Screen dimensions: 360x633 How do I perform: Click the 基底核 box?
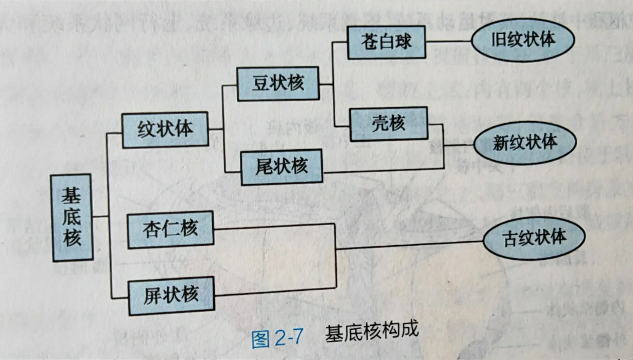click(72, 218)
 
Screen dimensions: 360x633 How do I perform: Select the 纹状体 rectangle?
click(165, 129)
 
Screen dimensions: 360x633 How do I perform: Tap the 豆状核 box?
click(278, 83)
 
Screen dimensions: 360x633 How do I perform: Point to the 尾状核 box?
click(282, 166)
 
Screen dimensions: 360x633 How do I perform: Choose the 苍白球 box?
click(386, 42)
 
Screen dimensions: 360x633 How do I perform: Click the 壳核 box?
click(389, 124)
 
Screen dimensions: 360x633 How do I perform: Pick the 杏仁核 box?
click(170, 229)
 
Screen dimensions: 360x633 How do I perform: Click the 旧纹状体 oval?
click(523, 40)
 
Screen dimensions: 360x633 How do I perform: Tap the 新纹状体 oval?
click(525, 143)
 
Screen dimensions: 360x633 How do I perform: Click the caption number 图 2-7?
click(277, 338)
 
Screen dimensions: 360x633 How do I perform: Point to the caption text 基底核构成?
click(372, 332)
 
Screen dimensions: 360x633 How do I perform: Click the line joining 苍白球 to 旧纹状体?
click(448, 42)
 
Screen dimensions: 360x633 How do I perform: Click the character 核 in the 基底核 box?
click(72, 237)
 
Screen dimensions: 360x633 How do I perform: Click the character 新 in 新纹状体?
click(501, 143)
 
